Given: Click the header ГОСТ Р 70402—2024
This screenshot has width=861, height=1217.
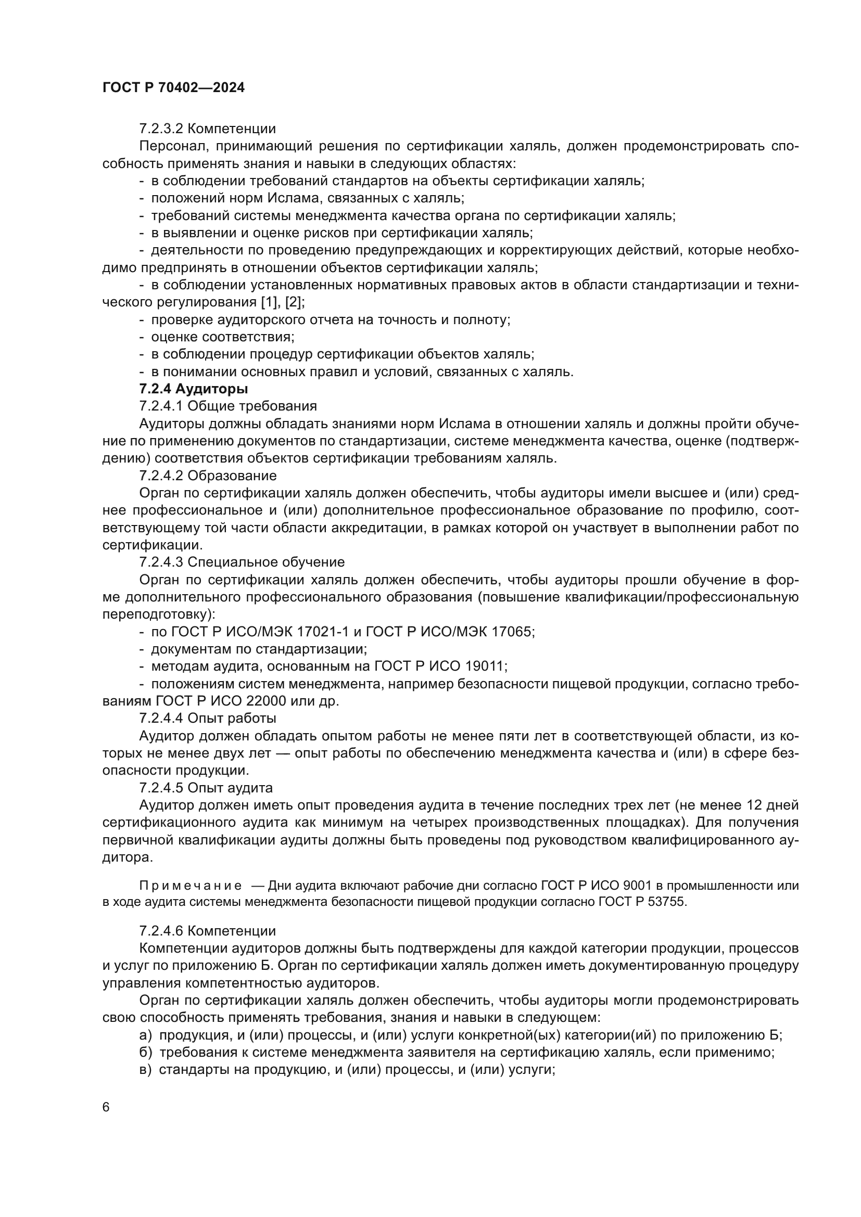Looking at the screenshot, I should coord(173,88).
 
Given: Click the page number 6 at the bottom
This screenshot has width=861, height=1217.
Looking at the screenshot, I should coord(106,1107).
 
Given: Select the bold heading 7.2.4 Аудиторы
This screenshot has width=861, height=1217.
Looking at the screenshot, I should coord(194,389).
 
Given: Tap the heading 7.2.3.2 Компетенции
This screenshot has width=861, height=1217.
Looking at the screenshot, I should coord(207,129).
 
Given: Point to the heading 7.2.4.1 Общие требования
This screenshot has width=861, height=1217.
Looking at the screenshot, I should coord(228,406).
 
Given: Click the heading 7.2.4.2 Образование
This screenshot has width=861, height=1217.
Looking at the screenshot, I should coord(208,476).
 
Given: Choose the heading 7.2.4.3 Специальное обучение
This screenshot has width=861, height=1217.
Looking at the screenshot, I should coord(242,562).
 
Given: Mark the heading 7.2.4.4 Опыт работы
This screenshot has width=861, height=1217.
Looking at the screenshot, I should coord(208,718).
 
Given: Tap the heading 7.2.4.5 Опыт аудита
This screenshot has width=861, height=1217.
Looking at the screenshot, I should coord(206,788).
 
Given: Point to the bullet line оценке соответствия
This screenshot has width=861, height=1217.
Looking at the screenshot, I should coord(222,337).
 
